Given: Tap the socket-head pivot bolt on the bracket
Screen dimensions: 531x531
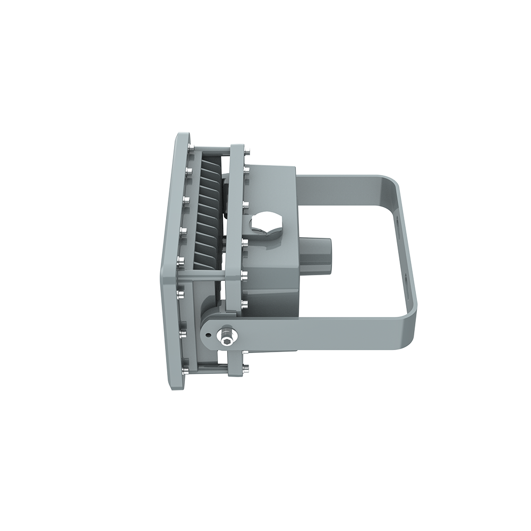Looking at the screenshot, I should click(x=227, y=336).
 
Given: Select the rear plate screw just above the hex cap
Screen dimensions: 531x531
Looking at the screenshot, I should click(x=245, y=203).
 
